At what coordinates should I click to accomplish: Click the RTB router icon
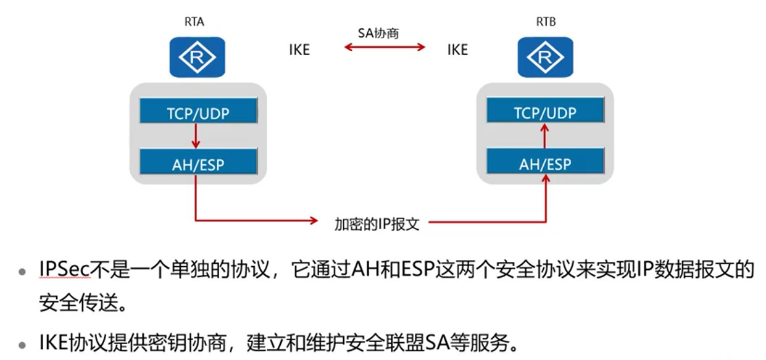click(x=545, y=57)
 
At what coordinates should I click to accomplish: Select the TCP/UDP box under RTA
click(x=198, y=112)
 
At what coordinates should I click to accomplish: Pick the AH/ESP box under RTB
click(x=545, y=163)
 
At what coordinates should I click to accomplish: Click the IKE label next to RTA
click(x=299, y=50)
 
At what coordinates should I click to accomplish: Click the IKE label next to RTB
click(x=457, y=50)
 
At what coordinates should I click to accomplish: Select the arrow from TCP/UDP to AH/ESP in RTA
click(x=196, y=136)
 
